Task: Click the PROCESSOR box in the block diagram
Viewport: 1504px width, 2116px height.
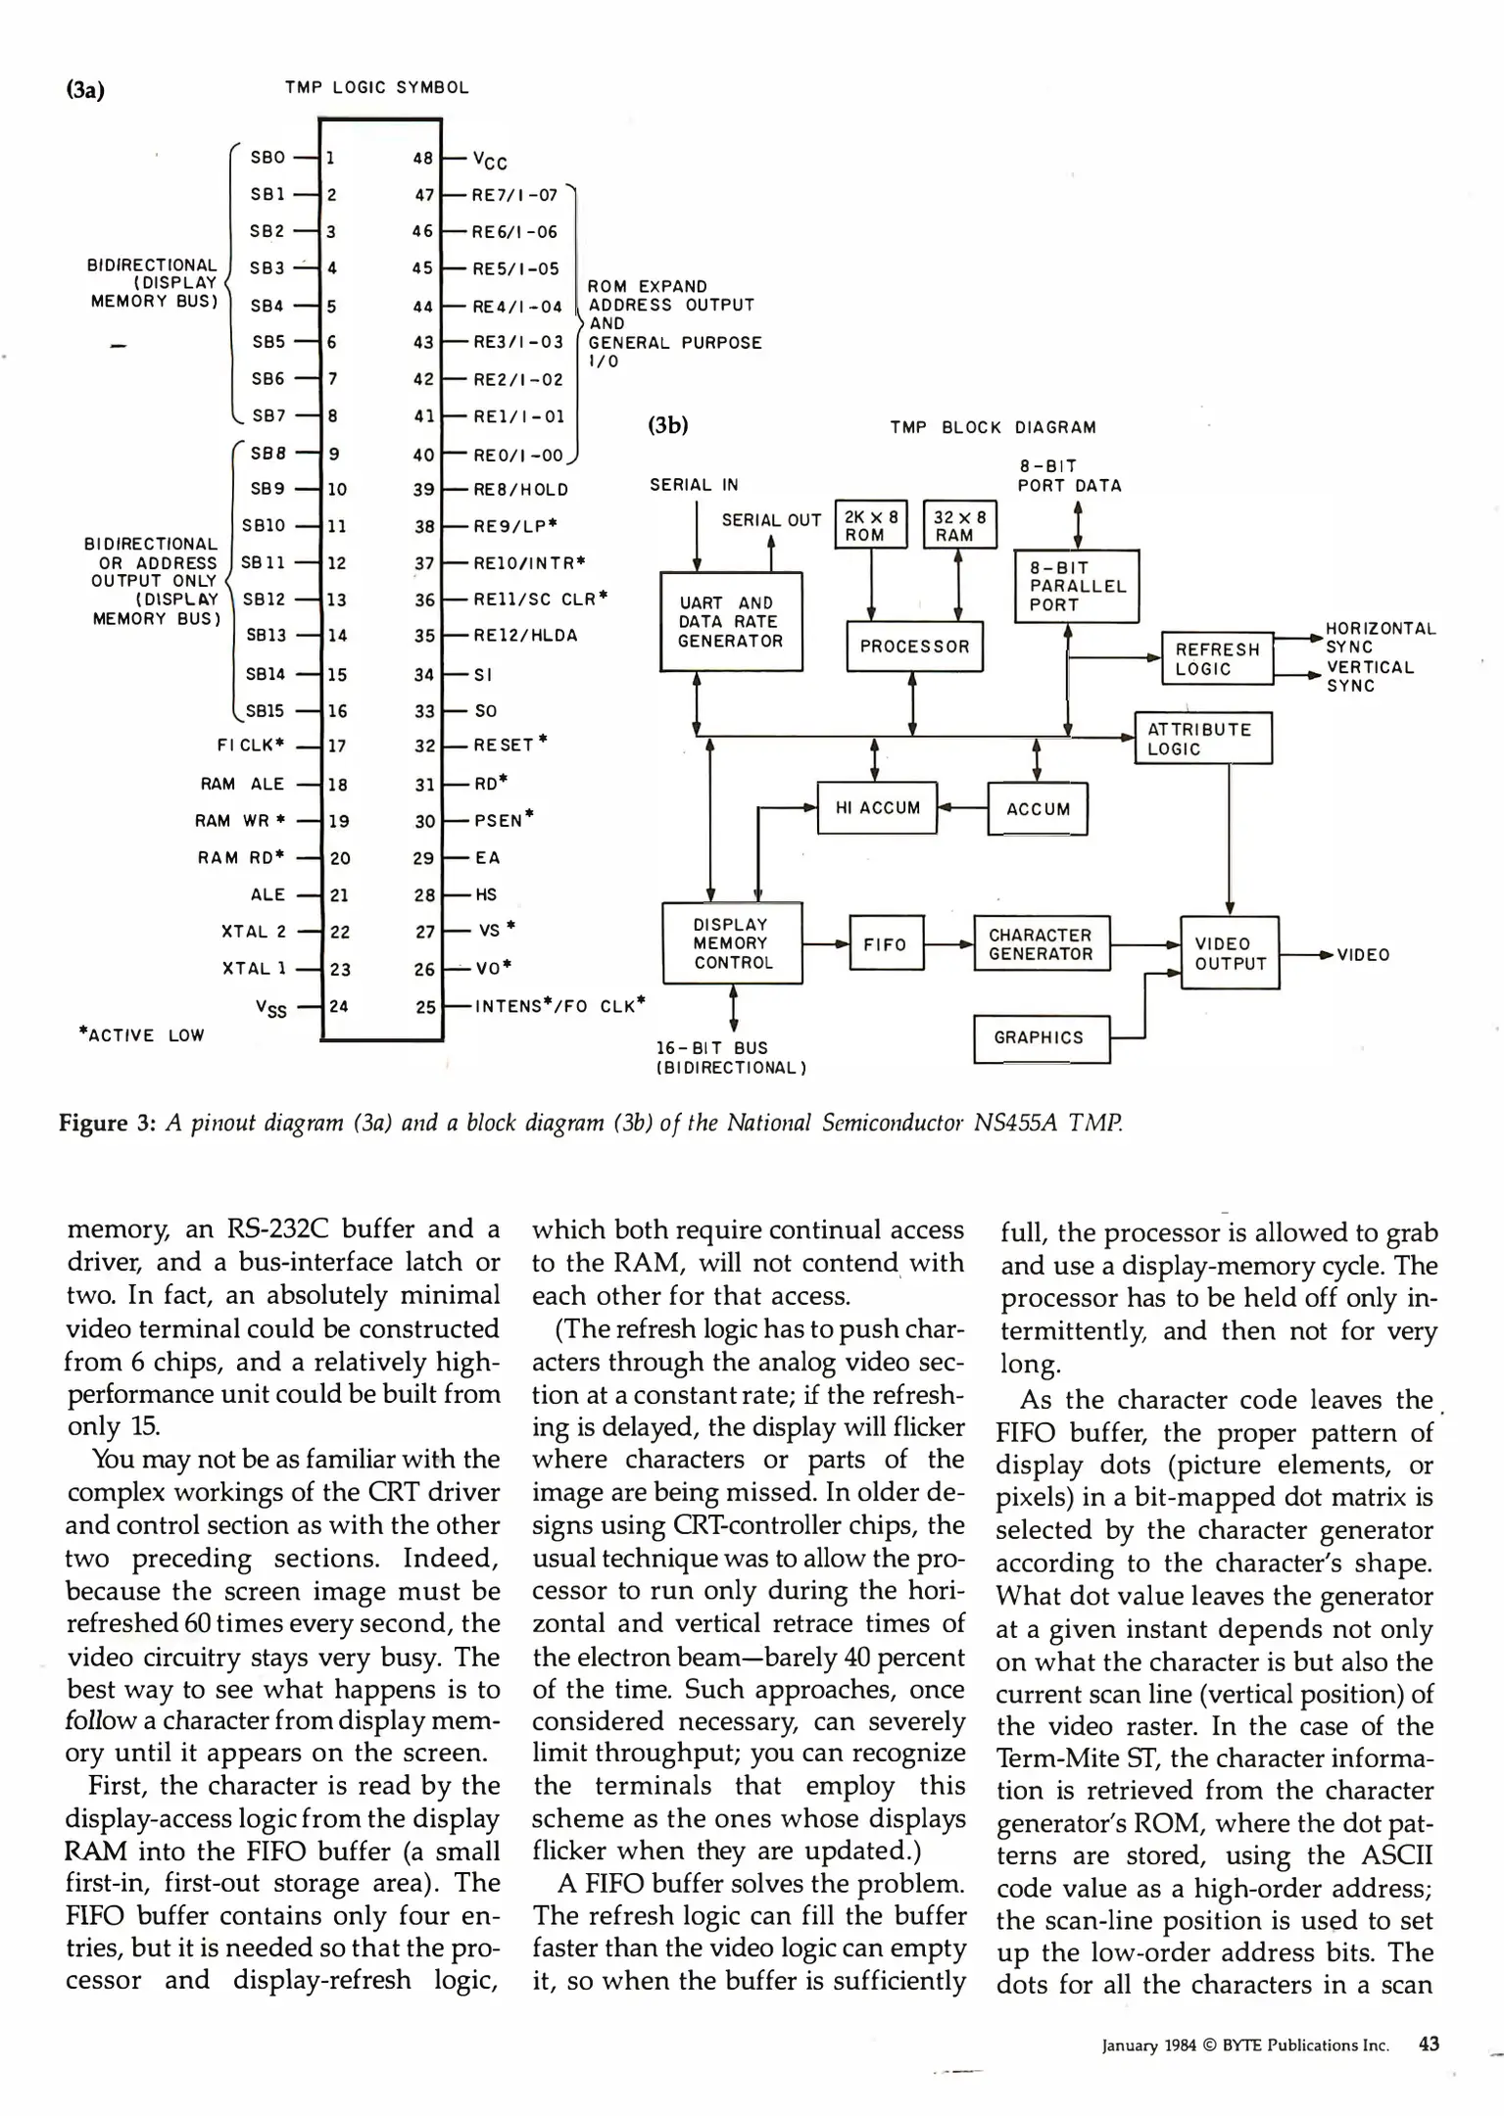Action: coord(914,647)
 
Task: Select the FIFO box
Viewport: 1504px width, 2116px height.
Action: coord(886,944)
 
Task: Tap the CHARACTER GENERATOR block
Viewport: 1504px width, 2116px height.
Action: coord(1041,944)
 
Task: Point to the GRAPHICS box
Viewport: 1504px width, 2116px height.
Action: coord(1041,1038)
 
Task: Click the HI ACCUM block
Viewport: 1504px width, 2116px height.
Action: coord(877,808)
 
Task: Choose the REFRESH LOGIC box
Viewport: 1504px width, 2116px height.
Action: coord(1216,659)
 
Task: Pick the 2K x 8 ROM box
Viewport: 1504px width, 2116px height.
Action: coord(871,526)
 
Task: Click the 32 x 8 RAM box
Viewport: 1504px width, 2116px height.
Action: coord(959,526)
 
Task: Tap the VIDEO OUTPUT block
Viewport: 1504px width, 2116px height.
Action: coord(1230,953)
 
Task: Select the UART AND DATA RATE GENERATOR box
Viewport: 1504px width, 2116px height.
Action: coord(731,622)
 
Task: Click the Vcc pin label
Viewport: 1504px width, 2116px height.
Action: coord(490,160)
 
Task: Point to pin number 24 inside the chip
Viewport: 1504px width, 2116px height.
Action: coord(338,1006)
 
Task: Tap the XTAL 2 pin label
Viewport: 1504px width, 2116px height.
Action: coord(254,932)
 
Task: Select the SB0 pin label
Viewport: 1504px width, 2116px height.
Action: coord(267,157)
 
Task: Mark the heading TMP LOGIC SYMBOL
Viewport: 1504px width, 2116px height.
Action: coord(376,87)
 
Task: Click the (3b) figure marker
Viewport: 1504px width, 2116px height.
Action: coord(669,425)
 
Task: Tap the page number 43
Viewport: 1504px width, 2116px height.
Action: coord(1429,2044)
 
